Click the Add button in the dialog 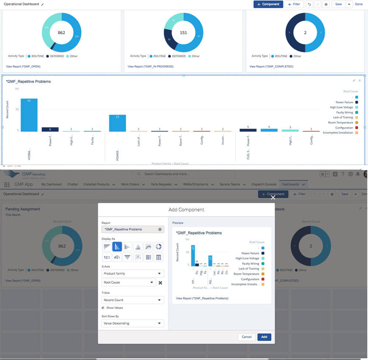(264, 337)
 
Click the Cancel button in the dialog (247, 337)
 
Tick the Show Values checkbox (103, 308)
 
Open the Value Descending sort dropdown (132, 323)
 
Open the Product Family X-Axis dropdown (132, 274)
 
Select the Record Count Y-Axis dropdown (132, 300)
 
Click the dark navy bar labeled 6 (50, 129)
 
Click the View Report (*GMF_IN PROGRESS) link (150, 67)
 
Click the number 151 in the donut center (183, 33)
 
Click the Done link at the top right (359, 4)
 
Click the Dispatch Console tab (264, 184)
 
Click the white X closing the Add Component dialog (273, 197)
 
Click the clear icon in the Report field (160, 229)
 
